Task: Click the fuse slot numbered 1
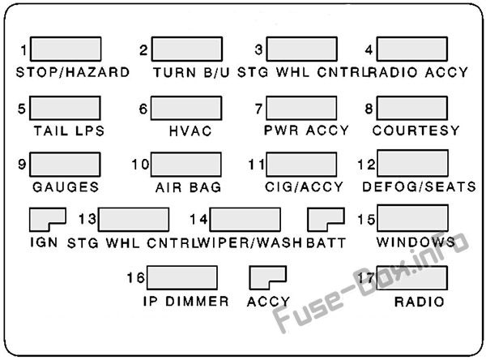point(66,49)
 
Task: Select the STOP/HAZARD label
point(73,72)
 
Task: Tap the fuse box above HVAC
point(186,109)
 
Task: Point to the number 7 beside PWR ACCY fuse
point(259,109)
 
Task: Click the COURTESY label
point(416,131)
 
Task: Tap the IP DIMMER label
point(186,302)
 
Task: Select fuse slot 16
point(182,278)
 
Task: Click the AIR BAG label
point(189,187)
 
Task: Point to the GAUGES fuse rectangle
point(65,165)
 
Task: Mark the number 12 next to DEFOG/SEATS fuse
point(366,165)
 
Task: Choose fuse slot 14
point(245,220)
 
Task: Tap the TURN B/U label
point(191,72)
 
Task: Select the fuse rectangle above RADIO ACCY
point(412,49)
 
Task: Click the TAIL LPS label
point(69,131)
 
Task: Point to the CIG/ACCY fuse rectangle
point(301,165)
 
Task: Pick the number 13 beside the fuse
point(87,219)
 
